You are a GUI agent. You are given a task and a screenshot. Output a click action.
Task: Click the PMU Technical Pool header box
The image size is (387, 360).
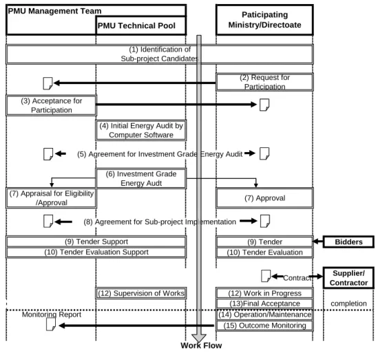[x=140, y=25]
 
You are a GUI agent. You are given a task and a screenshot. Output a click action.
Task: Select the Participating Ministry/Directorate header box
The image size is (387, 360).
[x=264, y=20]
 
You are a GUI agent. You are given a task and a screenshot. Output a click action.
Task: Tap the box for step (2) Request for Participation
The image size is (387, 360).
[x=264, y=82]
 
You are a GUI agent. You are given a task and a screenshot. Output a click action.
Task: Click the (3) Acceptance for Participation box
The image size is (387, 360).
[x=52, y=105]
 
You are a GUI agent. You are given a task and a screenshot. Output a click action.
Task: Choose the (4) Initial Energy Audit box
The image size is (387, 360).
[x=141, y=130]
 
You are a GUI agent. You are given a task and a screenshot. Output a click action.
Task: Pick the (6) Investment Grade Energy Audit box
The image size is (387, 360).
[x=141, y=178]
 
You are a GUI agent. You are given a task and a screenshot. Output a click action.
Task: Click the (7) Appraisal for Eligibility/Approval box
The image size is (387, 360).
[x=52, y=198]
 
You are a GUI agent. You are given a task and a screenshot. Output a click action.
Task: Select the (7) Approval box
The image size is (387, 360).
[x=264, y=198]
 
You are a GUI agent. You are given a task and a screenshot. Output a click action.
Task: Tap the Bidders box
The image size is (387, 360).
[x=348, y=242]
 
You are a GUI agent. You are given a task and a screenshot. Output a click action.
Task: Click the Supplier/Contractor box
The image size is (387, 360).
[x=348, y=278]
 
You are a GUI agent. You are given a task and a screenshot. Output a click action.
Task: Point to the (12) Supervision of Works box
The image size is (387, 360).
[x=141, y=293]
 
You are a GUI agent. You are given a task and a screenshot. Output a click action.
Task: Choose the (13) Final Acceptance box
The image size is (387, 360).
[x=264, y=304]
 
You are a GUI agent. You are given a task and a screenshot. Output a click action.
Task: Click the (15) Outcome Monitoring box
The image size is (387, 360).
[x=264, y=326]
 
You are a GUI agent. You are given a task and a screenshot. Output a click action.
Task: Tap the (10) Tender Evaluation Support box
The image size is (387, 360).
[x=96, y=252]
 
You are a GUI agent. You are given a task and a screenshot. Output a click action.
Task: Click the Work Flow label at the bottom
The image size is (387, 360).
[x=201, y=346]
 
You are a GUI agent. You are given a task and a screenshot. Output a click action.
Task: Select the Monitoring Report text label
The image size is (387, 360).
[x=52, y=315]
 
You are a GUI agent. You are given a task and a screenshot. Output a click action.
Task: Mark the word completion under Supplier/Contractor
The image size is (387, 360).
[x=348, y=304]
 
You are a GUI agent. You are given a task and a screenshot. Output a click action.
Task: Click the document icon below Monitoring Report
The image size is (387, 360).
[x=51, y=324]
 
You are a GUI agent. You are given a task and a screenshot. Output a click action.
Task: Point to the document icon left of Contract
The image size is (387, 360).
[x=266, y=276]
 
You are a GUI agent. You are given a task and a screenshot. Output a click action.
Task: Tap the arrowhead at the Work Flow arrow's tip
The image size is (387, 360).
[x=199, y=341]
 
